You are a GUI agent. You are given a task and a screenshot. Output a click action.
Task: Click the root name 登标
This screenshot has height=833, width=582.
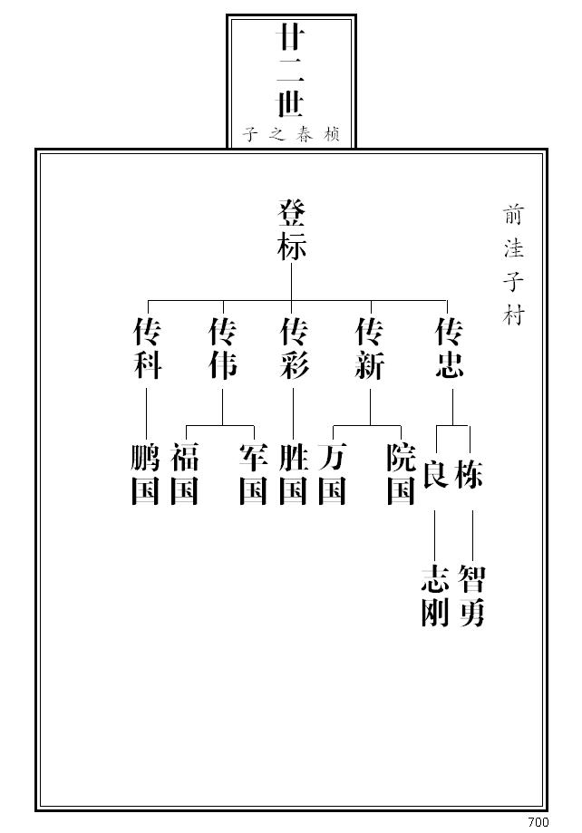click(291, 231)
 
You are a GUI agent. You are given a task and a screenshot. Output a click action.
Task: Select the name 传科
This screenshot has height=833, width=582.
click(147, 349)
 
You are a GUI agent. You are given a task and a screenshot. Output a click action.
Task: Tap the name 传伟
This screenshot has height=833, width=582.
click(223, 349)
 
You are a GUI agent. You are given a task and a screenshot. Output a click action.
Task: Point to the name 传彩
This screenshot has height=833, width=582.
click(294, 349)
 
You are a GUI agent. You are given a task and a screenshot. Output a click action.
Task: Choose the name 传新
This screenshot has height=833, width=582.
click(370, 349)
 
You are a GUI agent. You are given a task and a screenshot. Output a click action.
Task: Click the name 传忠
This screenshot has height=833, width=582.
click(450, 349)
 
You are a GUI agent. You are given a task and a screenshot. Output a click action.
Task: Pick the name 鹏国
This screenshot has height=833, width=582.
click(145, 475)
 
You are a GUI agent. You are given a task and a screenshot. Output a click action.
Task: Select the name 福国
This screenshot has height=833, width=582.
click(184, 475)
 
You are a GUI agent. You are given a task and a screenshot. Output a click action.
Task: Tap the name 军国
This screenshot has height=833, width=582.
click(253, 475)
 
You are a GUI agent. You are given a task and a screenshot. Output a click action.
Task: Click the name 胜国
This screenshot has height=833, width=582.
click(293, 475)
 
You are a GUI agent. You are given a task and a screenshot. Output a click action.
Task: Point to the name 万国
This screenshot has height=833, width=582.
click(333, 475)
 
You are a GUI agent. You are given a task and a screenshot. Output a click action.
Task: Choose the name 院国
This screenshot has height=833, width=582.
click(401, 475)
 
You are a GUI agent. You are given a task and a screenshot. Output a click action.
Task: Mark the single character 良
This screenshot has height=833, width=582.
click(435, 473)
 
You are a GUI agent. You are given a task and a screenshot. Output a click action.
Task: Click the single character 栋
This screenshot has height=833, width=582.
click(470, 473)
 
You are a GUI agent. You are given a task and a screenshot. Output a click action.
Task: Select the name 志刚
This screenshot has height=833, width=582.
click(435, 596)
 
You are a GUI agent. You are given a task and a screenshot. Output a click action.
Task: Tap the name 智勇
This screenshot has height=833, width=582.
click(471, 596)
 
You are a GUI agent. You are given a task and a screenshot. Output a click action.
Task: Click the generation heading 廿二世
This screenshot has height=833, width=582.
click(290, 73)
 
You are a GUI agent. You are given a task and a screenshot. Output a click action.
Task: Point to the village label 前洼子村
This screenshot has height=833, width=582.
click(514, 265)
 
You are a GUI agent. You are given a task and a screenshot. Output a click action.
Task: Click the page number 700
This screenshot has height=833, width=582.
click(538, 822)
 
